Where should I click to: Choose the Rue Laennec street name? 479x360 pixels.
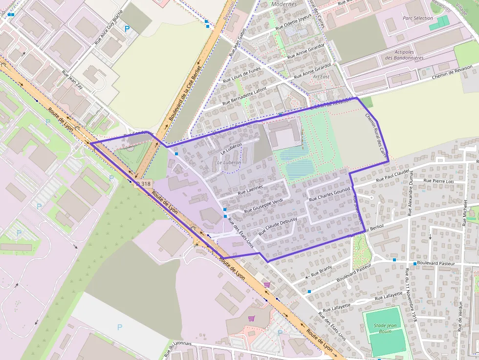click(x=250, y=190)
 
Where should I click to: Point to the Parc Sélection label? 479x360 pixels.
click(x=417, y=18)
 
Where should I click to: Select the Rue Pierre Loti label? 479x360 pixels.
click(x=438, y=181)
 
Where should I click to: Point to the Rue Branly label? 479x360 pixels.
click(x=321, y=270)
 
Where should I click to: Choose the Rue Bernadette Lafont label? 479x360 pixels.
click(x=244, y=96)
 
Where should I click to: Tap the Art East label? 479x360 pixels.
click(x=321, y=77)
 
